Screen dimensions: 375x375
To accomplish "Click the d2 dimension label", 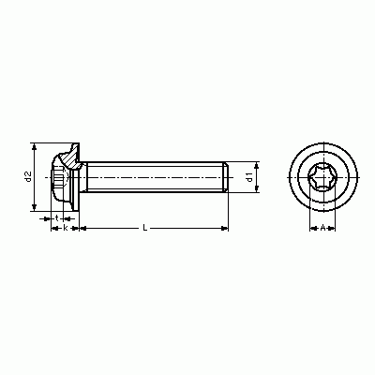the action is click(x=28, y=177).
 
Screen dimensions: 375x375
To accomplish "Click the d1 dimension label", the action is click(x=249, y=177).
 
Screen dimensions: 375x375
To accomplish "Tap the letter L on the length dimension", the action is click(x=144, y=228).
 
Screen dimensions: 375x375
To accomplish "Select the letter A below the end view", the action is click(x=322, y=228).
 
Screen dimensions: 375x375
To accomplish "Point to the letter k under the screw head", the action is click(x=66, y=228).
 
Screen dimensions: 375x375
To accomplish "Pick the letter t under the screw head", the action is click(x=57, y=217).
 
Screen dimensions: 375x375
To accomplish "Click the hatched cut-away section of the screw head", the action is click(x=71, y=157).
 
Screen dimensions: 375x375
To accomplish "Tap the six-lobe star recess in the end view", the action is click(x=322, y=177).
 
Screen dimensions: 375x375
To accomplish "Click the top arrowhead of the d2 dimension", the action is click(x=35, y=146).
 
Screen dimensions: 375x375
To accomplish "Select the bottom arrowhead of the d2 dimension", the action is click(x=35, y=207).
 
